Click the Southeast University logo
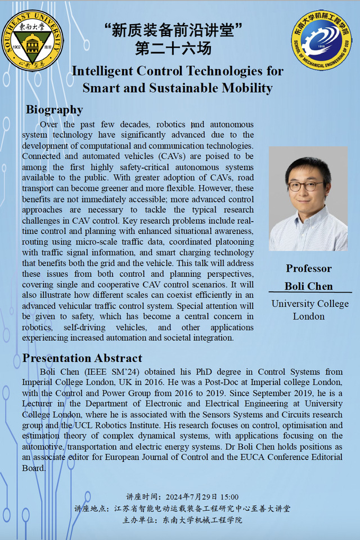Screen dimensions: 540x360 32,40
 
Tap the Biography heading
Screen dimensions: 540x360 55,110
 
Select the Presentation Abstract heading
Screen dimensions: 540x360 82,358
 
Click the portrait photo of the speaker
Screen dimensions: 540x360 308,199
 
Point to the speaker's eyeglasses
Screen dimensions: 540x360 305,186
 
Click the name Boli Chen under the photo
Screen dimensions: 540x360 308,286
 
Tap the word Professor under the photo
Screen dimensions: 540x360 308,268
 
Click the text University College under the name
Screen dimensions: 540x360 310,304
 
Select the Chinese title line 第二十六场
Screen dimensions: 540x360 173,48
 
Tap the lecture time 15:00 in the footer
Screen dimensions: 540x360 228,497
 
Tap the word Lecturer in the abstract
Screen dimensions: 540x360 40,403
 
